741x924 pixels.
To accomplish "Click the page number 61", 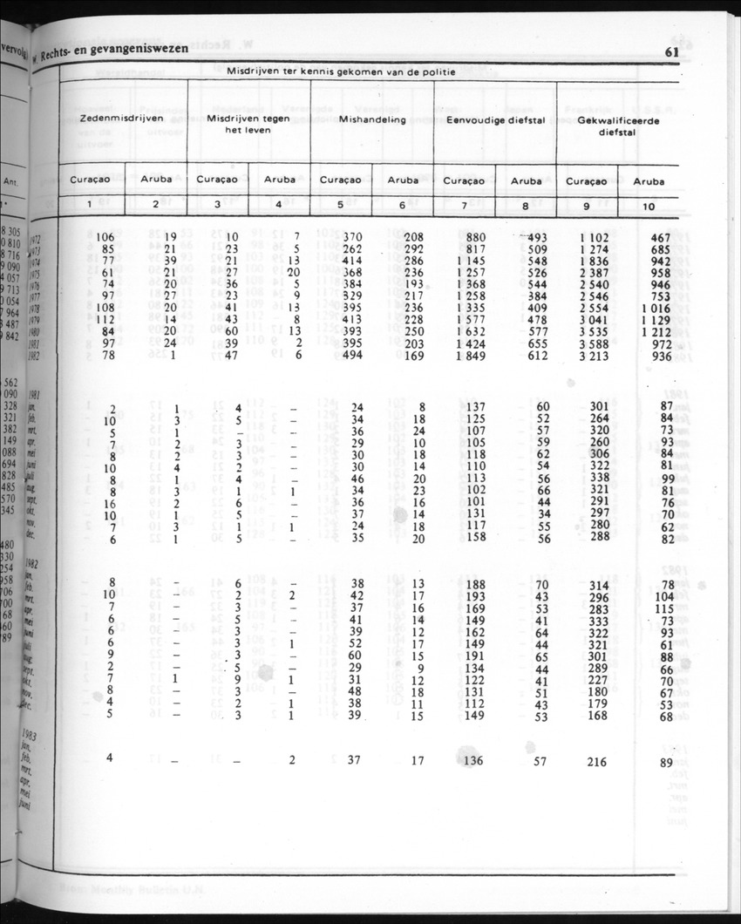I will point(670,52).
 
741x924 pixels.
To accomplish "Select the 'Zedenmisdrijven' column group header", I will point(122,120).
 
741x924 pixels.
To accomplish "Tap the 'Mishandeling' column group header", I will point(372,120).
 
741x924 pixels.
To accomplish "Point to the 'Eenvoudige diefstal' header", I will point(495,120).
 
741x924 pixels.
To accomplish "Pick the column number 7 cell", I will point(465,206).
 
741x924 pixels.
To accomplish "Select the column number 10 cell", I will point(648,206).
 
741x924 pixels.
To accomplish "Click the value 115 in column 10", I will point(665,608).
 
